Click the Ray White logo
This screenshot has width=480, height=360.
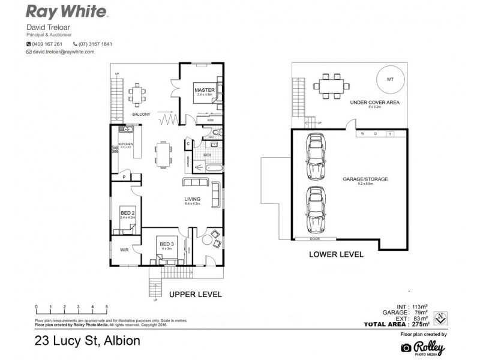tap(67, 11)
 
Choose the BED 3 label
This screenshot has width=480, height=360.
tap(166, 244)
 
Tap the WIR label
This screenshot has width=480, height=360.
tap(125, 249)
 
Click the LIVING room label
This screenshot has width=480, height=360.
tap(193, 199)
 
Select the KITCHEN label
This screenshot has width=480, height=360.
tap(125, 145)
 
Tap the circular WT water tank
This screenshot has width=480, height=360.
tap(389, 80)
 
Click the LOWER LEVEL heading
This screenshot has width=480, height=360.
tap(335, 254)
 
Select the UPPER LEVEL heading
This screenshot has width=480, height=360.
tap(195, 295)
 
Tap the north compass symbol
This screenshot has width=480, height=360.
tap(440, 316)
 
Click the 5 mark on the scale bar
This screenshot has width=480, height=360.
tap(107, 307)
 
